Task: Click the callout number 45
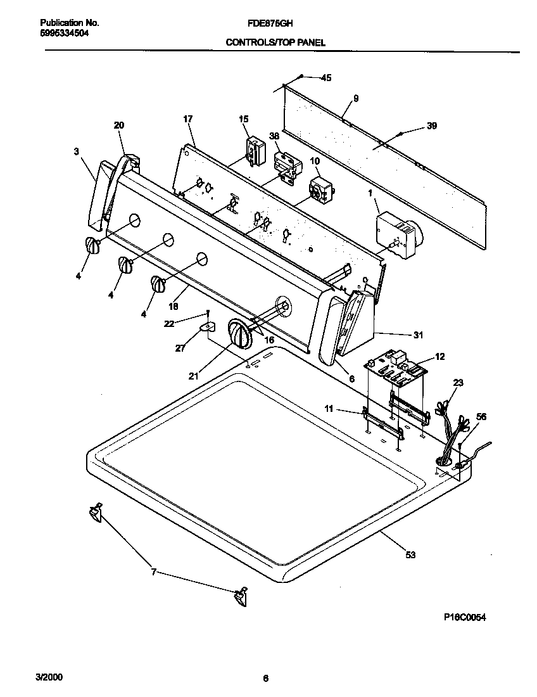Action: pos(326,78)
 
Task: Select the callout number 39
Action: pos(431,126)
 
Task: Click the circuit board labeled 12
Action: pos(396,371)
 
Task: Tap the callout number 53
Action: pos(410,555)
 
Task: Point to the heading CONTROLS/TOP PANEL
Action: pos(275,43)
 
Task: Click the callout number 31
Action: pos(417,335)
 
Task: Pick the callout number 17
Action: pos(187,118)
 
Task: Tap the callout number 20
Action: pos(119,125)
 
